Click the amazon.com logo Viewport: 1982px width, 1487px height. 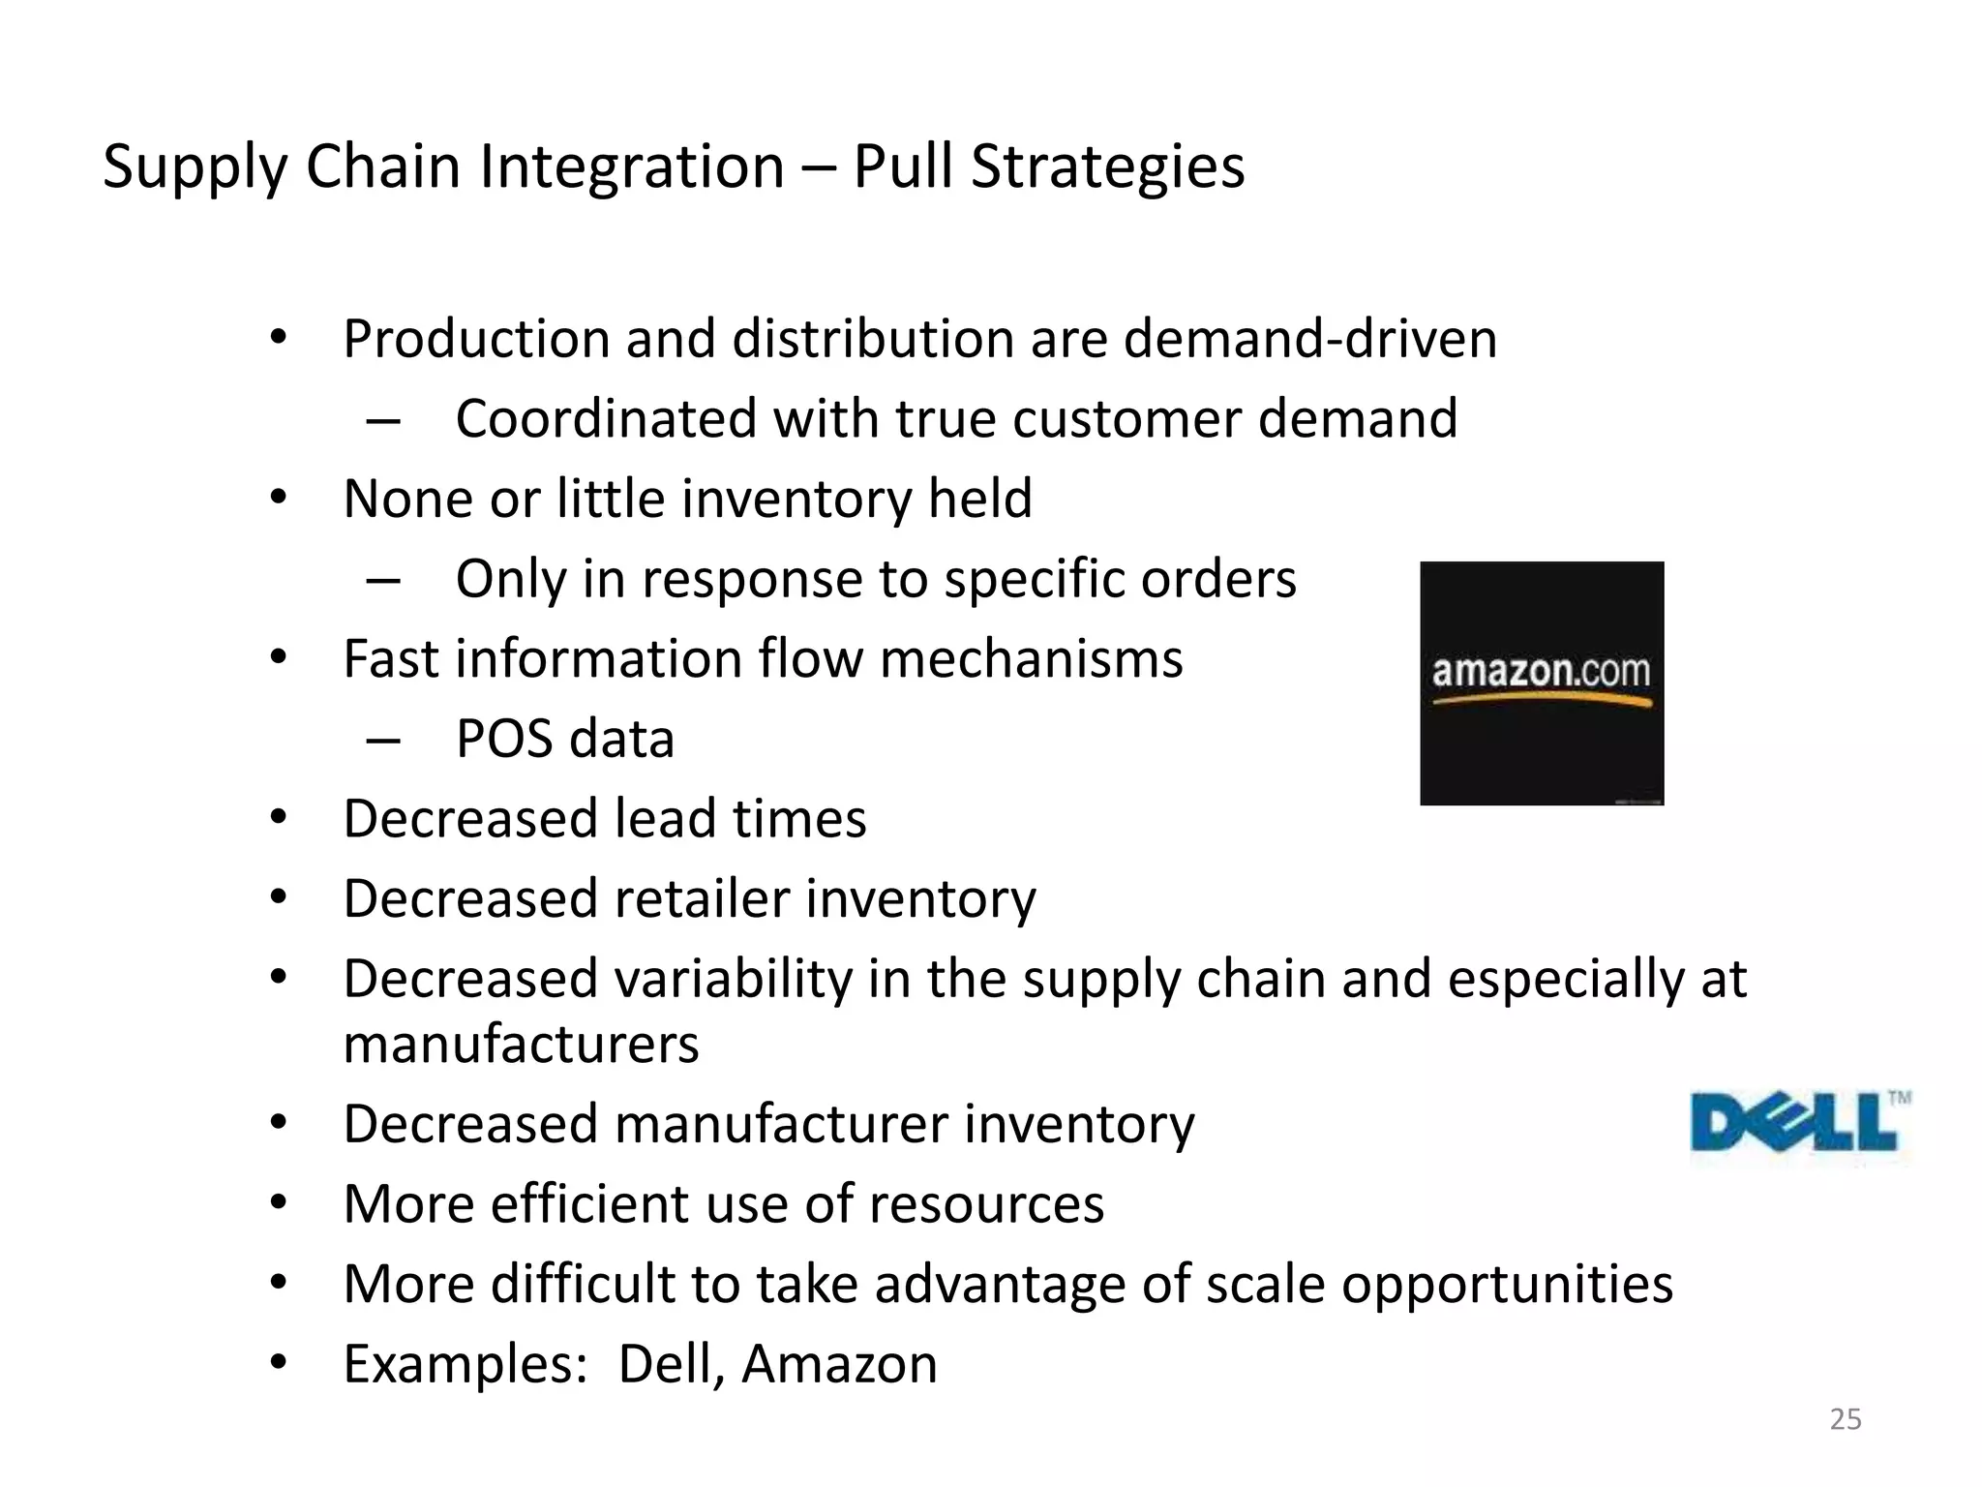[x=1541, y=683]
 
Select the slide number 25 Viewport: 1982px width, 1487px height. [x=1846, y=1419]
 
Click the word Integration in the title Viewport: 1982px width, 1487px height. [x=632, y=167]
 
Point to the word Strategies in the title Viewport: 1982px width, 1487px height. [x=1107, y=167]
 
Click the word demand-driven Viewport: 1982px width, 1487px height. [x=1310, y=339]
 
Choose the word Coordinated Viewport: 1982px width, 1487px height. [x=606, y=418]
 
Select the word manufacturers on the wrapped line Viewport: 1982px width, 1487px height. [x=521, y=1044]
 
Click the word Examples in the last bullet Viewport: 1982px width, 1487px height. [x=465, y=1364]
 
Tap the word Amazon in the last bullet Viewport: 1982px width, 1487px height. [x=839, y=1364]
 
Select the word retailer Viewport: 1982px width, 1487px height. [x=702, y=898]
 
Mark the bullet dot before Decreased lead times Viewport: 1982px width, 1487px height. [x=279, y=818]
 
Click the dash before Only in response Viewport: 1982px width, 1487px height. [x=383, y=580]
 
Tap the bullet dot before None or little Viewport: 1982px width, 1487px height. [x=279, y=499]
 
